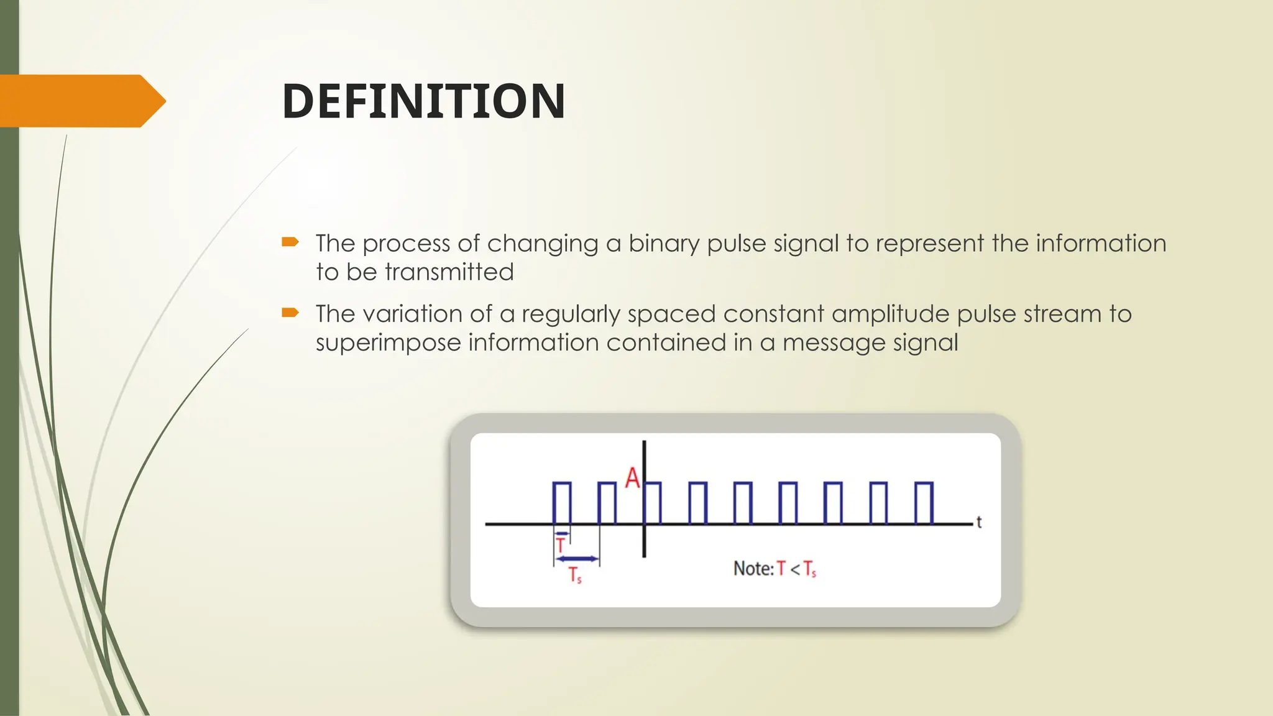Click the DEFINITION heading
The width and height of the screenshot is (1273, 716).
423,101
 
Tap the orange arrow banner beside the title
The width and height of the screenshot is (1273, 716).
81,101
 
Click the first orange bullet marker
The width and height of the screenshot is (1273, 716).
290,242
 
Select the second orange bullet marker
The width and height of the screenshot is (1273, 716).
290,312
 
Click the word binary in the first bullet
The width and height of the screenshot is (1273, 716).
664,244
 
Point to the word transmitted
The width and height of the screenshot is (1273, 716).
449,272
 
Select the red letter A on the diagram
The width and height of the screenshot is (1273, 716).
632,478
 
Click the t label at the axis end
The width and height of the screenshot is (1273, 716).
979,522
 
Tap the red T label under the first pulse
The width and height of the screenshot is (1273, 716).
561,546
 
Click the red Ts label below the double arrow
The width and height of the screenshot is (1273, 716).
575,575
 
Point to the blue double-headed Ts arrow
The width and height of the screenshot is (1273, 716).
577,559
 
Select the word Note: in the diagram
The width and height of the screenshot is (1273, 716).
753,569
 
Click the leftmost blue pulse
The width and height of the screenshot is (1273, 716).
562,502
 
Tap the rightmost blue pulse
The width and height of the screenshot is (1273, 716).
924,502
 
